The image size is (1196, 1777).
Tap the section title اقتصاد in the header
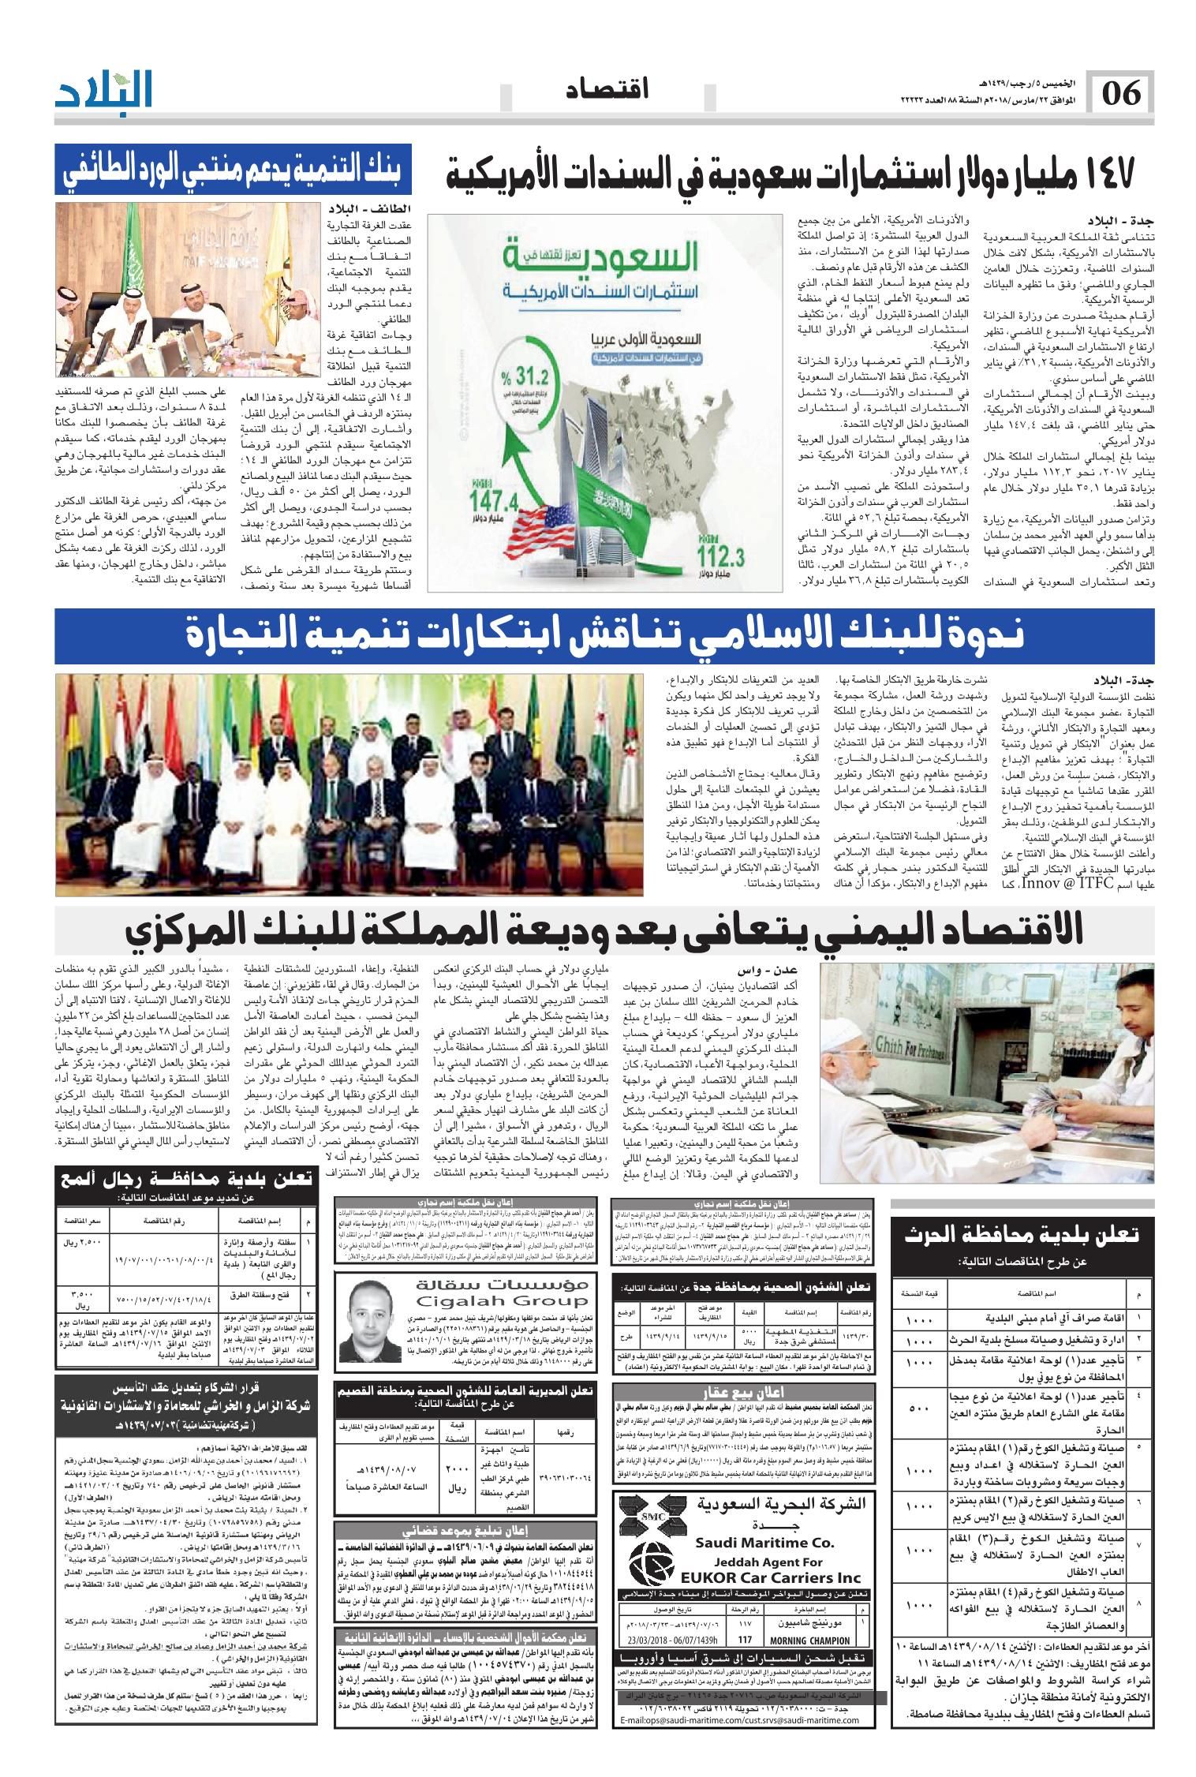click(x=607, y=92)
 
